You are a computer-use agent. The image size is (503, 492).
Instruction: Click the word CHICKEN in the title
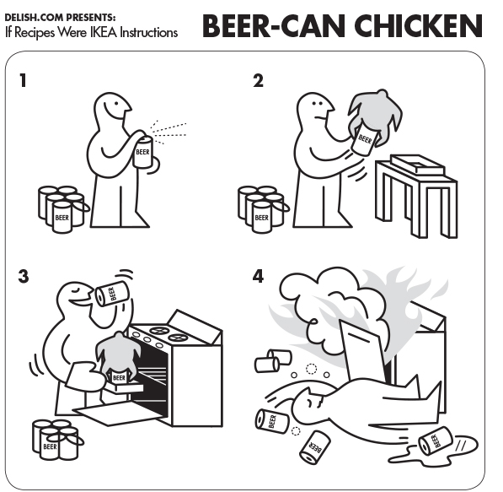click(418, 26)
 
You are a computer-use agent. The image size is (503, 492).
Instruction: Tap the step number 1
click(23, 80)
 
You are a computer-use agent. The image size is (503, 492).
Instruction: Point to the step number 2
click(258, 80)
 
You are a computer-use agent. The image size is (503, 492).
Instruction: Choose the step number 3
click(23, 276)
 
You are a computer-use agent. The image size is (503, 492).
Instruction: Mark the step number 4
click(258, 276)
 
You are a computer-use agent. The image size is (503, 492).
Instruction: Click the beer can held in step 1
click(142, 152)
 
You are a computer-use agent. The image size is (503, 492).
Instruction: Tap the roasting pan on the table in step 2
click(418, 165)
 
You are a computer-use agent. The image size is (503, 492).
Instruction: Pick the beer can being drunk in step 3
click(112, 294)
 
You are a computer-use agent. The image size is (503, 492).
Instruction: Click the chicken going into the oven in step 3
click(118, 357)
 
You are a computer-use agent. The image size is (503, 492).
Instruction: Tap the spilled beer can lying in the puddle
click(436, 441)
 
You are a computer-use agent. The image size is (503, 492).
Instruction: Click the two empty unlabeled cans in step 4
click(273, 361)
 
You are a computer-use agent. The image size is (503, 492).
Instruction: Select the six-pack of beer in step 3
click(56, 440)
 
